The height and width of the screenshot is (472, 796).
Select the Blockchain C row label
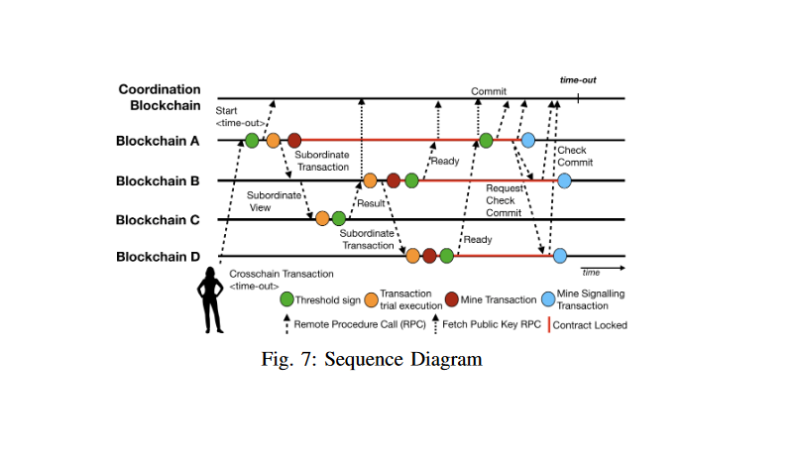click(x=159, y=219)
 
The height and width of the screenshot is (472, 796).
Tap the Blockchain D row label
click(x=159, y=257)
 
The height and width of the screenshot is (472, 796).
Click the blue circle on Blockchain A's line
click(x=528, y=141)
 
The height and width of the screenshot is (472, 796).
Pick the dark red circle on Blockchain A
click(x=294, y=141)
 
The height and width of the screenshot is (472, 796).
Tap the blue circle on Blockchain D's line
click(x=559, y=256)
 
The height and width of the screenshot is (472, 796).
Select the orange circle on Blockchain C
click(x=322, y=218)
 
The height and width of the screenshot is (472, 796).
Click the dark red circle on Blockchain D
click(x=429, y=256)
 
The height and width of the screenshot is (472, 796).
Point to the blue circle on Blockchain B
click(x=564, y=180)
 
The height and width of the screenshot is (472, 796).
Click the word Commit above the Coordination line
click(x=489, y=91)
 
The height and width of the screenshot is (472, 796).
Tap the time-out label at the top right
click(x=577, y=79)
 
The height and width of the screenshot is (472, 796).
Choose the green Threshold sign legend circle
click(x=287, y=298)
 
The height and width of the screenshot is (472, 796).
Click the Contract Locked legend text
click(x=590, y=324)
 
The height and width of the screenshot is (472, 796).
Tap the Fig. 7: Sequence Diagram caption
click(x=371, y=359)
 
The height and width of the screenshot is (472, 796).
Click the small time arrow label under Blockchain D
click(x=591, y=272)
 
